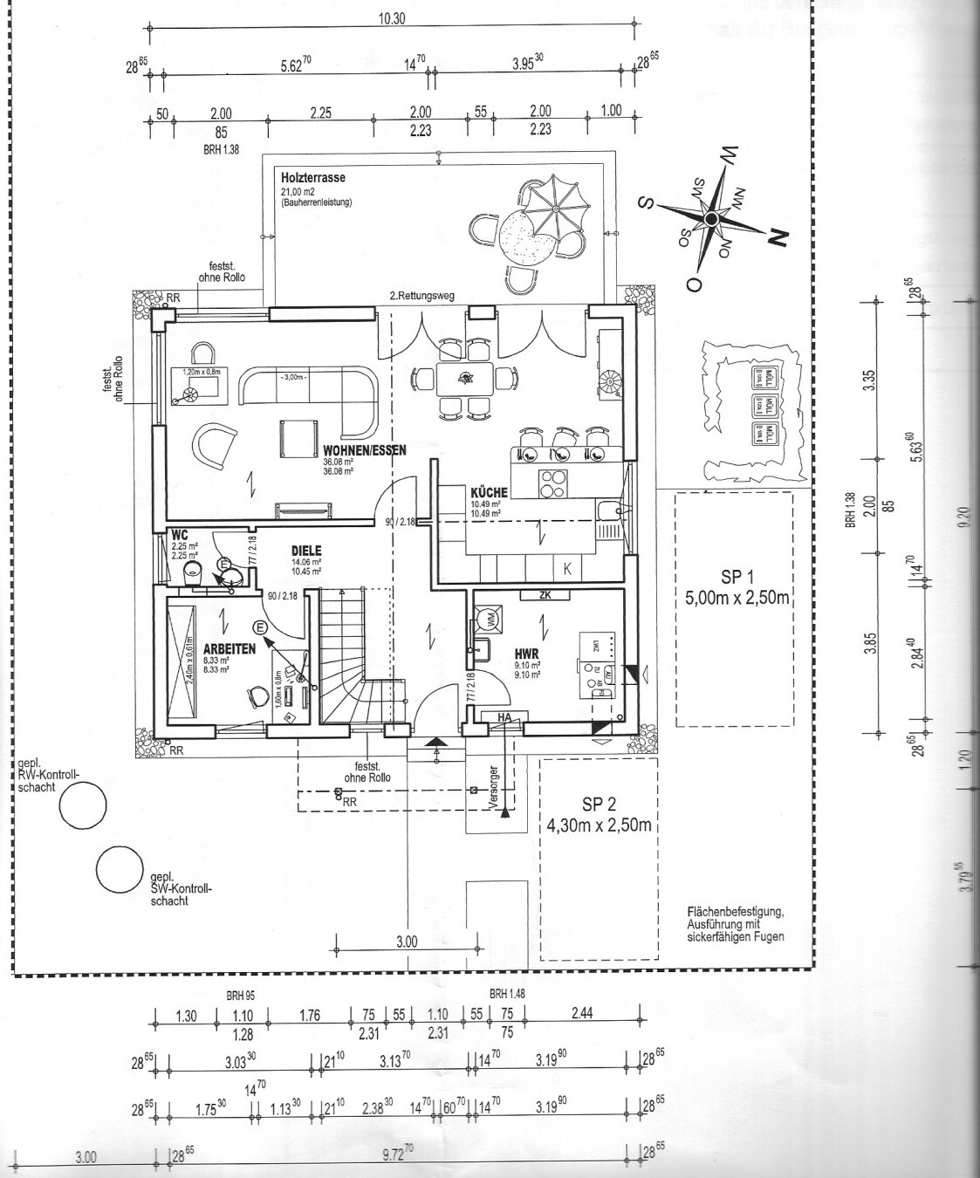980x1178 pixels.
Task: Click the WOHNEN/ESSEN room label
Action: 353,451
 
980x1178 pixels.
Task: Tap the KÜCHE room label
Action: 489,493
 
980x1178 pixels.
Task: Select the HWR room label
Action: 526,653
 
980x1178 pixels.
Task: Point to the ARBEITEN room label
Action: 229,649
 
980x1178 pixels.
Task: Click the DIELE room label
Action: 306,551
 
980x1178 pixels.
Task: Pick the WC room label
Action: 180,534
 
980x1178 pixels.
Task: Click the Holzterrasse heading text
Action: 312,177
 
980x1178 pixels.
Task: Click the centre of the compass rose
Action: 712,216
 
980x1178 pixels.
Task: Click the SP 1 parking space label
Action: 737,577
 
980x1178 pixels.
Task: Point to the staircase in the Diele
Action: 353,654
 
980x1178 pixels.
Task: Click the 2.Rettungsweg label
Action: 422,296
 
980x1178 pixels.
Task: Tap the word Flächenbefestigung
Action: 736,913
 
